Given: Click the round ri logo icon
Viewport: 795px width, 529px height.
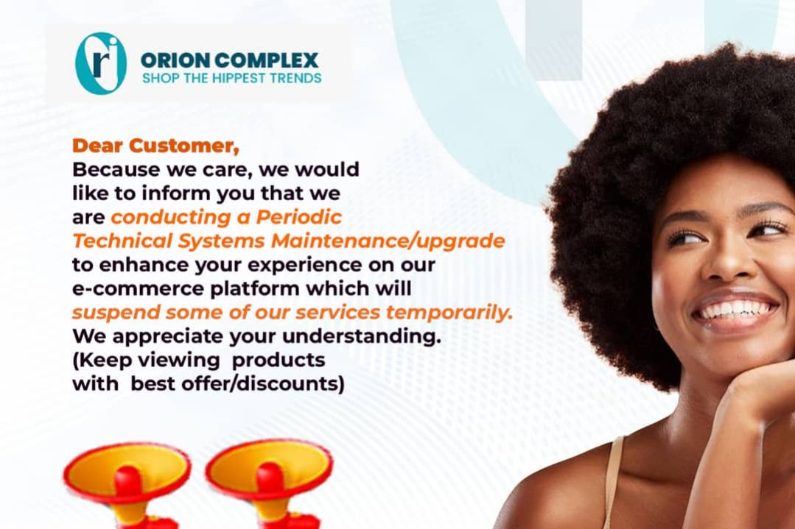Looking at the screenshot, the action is (x=100, y=63).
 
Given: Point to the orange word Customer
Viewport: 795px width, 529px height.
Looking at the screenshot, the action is (x=184, y=146).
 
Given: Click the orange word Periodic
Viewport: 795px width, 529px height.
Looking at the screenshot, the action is (x=298, y=217).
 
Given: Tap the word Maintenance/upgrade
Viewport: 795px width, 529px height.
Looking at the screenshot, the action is (x=388, y=241).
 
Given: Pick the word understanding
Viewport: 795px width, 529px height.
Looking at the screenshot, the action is (x=362, y=336).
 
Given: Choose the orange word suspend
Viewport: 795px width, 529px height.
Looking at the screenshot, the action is (x=116, y=313).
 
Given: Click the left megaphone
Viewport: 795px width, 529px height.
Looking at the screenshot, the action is (x=127, y=483).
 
